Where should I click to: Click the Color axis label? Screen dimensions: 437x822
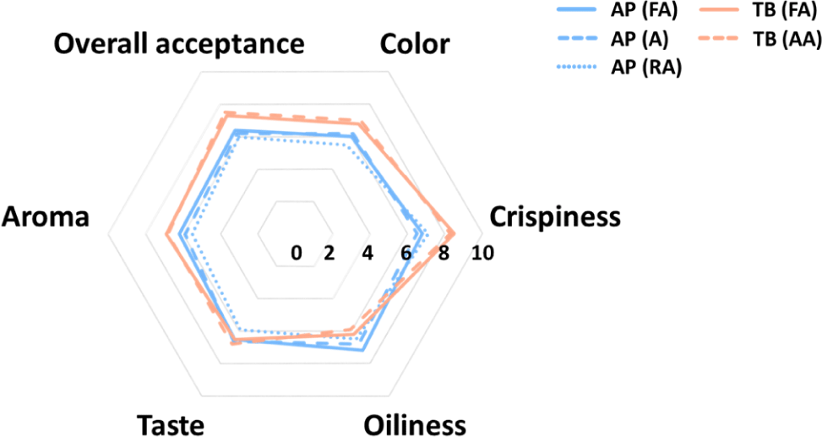[416, 45]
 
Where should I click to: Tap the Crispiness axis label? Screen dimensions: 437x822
[555, 217]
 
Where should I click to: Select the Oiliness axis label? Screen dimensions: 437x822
[414, 423]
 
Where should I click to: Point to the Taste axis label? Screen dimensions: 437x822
[170, 423]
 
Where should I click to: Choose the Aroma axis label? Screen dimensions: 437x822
[46, 217]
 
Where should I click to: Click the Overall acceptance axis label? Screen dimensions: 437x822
[179, 45]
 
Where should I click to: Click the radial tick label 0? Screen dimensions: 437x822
[297, 253]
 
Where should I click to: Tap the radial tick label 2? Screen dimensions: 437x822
[329, 253]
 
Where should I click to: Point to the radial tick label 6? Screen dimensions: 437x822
[406, 253]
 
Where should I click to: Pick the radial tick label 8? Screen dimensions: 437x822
[444, 253]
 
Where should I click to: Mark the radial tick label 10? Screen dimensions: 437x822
[482, 253]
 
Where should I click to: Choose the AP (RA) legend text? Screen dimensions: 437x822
[649, 69]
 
